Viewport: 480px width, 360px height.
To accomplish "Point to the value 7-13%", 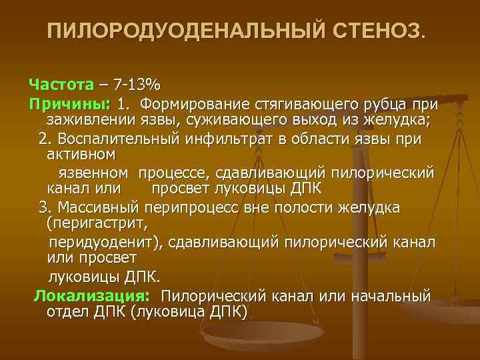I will [137, 85].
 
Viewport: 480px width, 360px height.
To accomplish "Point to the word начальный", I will [393, 295].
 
